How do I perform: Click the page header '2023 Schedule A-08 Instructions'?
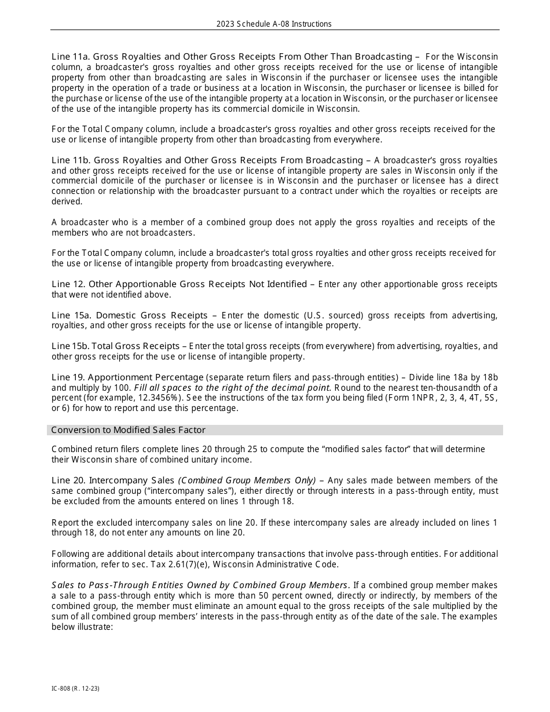click(274, 24)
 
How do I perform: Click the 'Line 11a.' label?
click(71, 57)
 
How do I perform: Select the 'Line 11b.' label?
click(71, 160)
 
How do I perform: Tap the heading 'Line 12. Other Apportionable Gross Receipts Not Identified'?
click(179, 284)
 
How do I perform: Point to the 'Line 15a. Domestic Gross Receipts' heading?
click(129, 315)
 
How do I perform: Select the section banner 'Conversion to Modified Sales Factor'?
click(128, 430)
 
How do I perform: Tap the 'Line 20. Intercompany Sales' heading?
click(113, 480)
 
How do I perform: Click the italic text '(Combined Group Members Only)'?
click(247, 480)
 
